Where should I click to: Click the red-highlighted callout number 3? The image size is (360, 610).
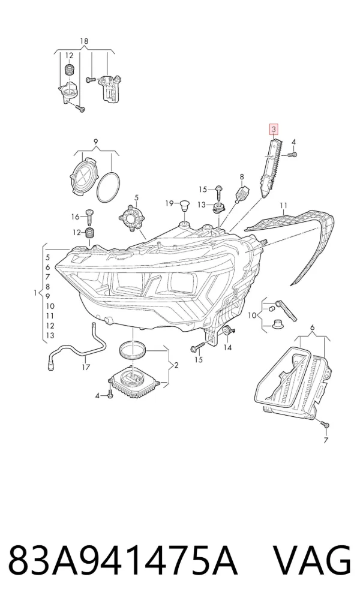[274, 129]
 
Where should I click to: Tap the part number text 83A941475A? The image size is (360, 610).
[122, 561]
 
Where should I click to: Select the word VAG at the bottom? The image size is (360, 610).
[311, 561]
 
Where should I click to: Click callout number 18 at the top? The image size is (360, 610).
[84, 41]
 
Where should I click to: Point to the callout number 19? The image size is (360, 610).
[169, 203]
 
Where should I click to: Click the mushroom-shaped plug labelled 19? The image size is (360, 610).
[184, 205]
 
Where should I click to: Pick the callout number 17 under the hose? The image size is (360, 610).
[86, 367]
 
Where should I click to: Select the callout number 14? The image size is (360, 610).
[227, 347]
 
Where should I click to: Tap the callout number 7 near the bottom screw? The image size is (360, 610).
[325, 440]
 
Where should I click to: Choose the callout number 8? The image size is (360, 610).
[242, 177]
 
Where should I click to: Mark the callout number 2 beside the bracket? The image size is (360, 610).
[176, 365]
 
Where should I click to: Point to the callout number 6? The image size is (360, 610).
[312, 328]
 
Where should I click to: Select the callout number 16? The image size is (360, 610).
[75, 217]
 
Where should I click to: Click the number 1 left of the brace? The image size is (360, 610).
[35, 292]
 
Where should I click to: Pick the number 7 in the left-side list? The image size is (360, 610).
[47, 277]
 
